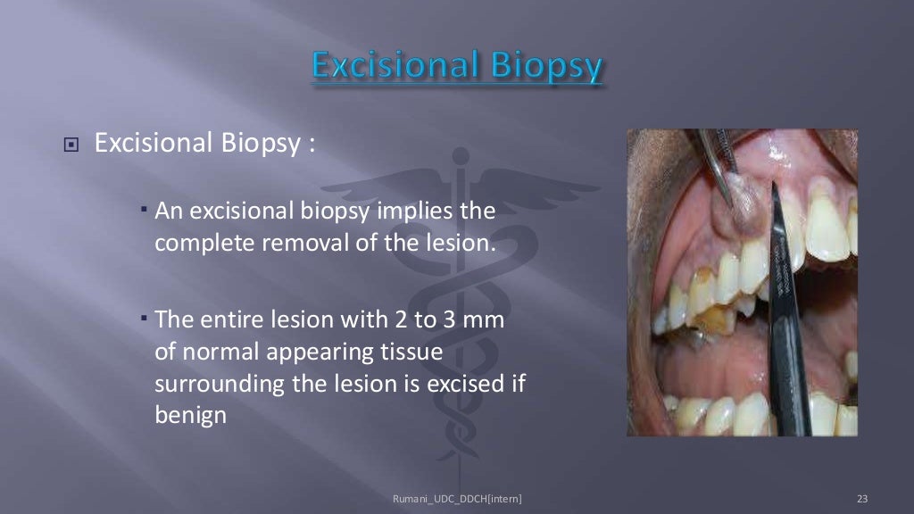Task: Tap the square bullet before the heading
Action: (x=72, y=145)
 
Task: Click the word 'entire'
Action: (x=241, y=319)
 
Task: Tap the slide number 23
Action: (x=861, y=498)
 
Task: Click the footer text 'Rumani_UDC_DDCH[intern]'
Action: (x=457, y=498)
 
